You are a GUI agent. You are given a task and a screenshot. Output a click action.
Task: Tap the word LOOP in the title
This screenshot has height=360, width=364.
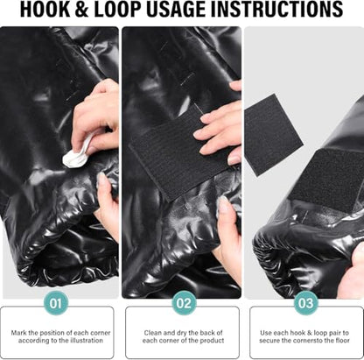(118, 10)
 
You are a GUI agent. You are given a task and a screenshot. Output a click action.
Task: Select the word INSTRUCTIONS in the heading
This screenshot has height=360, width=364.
(276, 10)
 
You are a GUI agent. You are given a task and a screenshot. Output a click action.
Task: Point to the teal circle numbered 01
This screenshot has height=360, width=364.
(56, 303)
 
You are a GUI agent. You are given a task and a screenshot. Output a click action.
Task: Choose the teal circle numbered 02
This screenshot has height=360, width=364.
(184, 303)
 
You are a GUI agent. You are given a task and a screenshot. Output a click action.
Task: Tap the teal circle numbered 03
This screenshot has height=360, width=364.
(305, 303)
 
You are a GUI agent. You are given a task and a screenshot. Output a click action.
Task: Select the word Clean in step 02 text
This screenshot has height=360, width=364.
(152, 333)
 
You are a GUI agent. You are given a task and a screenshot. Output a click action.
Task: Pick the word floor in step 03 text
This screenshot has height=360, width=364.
(341, 341)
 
